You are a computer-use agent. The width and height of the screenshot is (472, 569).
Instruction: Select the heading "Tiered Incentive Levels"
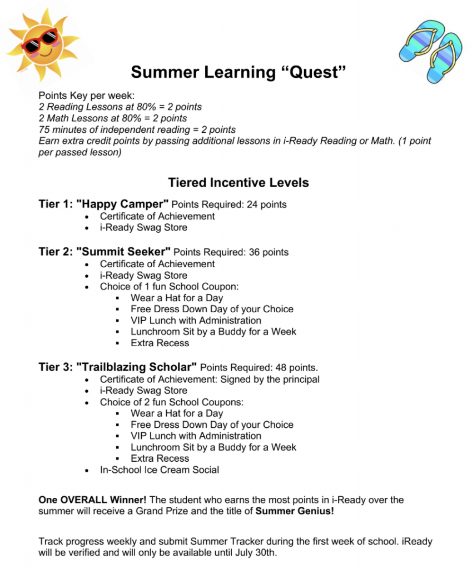(239, 183)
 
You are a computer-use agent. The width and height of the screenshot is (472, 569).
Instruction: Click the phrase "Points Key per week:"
(83, 96)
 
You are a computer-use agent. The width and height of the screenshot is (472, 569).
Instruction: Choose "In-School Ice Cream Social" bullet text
(160, 470)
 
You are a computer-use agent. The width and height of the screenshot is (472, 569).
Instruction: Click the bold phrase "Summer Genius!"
(295, 511)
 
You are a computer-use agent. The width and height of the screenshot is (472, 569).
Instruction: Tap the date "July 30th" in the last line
(256, 553)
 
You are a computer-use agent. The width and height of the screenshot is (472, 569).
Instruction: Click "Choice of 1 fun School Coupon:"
(169, 287)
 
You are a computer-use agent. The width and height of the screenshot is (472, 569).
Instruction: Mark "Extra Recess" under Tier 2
(160, 343)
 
